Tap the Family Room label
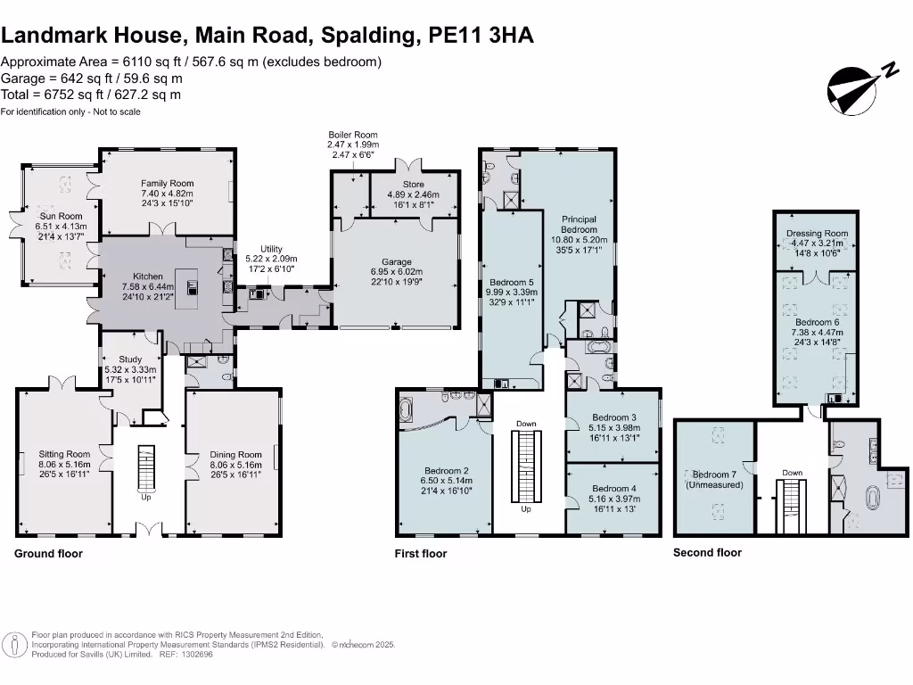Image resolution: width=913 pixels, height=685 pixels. [167, 184]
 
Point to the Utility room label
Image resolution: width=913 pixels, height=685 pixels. [271, 249]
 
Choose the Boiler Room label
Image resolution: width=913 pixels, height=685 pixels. [353, 135]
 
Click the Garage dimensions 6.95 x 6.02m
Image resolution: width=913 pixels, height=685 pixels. [398, 271]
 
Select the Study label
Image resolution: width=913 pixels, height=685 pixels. [130, 360]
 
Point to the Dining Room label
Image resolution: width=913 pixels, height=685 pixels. [235, 455]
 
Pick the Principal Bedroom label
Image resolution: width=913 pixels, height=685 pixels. [578, 224]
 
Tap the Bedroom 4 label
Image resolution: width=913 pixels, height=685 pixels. [613, 488]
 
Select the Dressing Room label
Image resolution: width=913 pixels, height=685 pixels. [817, 234]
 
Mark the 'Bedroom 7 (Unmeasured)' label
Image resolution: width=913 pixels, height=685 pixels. [716, 480]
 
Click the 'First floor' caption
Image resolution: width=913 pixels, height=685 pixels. [421, 554]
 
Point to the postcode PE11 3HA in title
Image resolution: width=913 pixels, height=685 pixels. [481, 36]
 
